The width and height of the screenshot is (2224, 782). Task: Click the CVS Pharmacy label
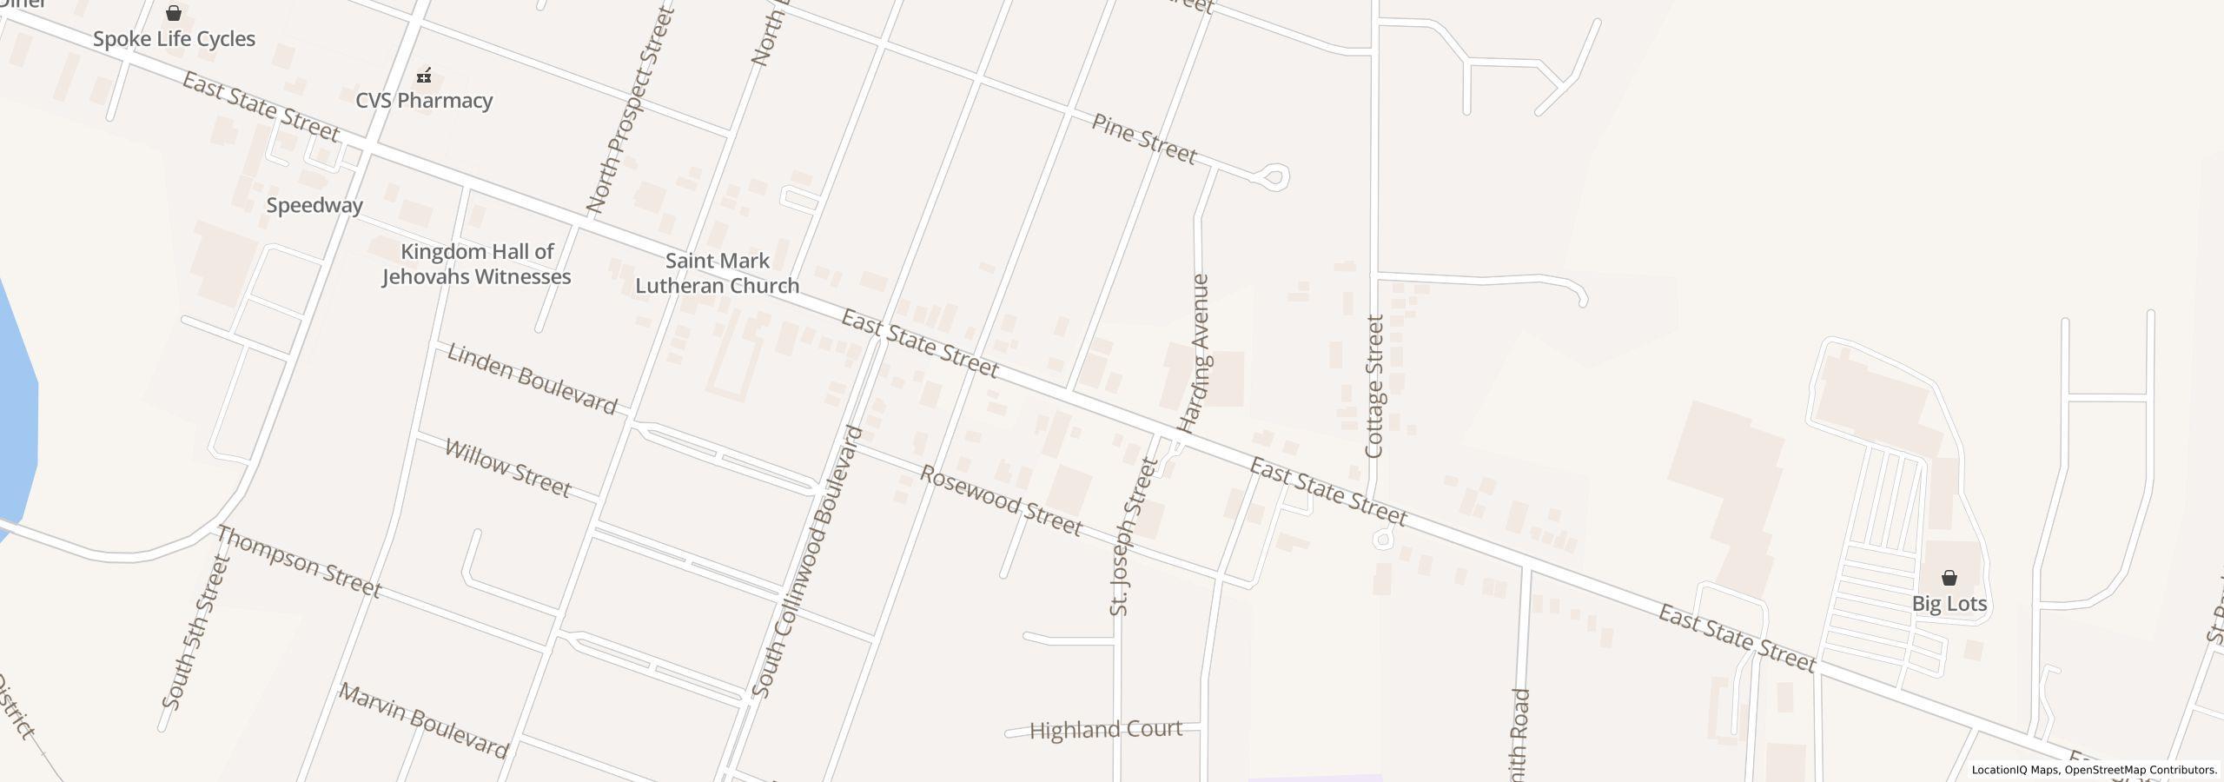424,101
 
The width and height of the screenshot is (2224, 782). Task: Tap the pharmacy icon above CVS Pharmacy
424,76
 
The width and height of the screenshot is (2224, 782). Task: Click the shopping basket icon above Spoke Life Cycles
174,13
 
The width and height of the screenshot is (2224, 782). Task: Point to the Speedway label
314,206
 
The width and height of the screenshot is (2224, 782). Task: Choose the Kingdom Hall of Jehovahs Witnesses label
477,264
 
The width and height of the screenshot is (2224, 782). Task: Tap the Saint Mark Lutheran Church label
718,274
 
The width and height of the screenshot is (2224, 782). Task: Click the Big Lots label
1949,604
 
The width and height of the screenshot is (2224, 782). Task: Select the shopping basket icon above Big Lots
1949,578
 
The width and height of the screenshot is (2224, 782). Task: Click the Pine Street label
1144,139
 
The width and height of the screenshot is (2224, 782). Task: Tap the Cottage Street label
1374,387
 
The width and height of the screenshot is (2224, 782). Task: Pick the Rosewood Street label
1001,501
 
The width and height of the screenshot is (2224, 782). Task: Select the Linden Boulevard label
532,379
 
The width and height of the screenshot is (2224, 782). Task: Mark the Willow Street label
507,468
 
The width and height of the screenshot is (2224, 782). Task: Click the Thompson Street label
299,562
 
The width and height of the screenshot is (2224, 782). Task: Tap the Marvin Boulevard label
423,721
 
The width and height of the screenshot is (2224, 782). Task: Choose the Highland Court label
1105,730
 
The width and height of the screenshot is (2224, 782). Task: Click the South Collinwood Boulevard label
807,561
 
